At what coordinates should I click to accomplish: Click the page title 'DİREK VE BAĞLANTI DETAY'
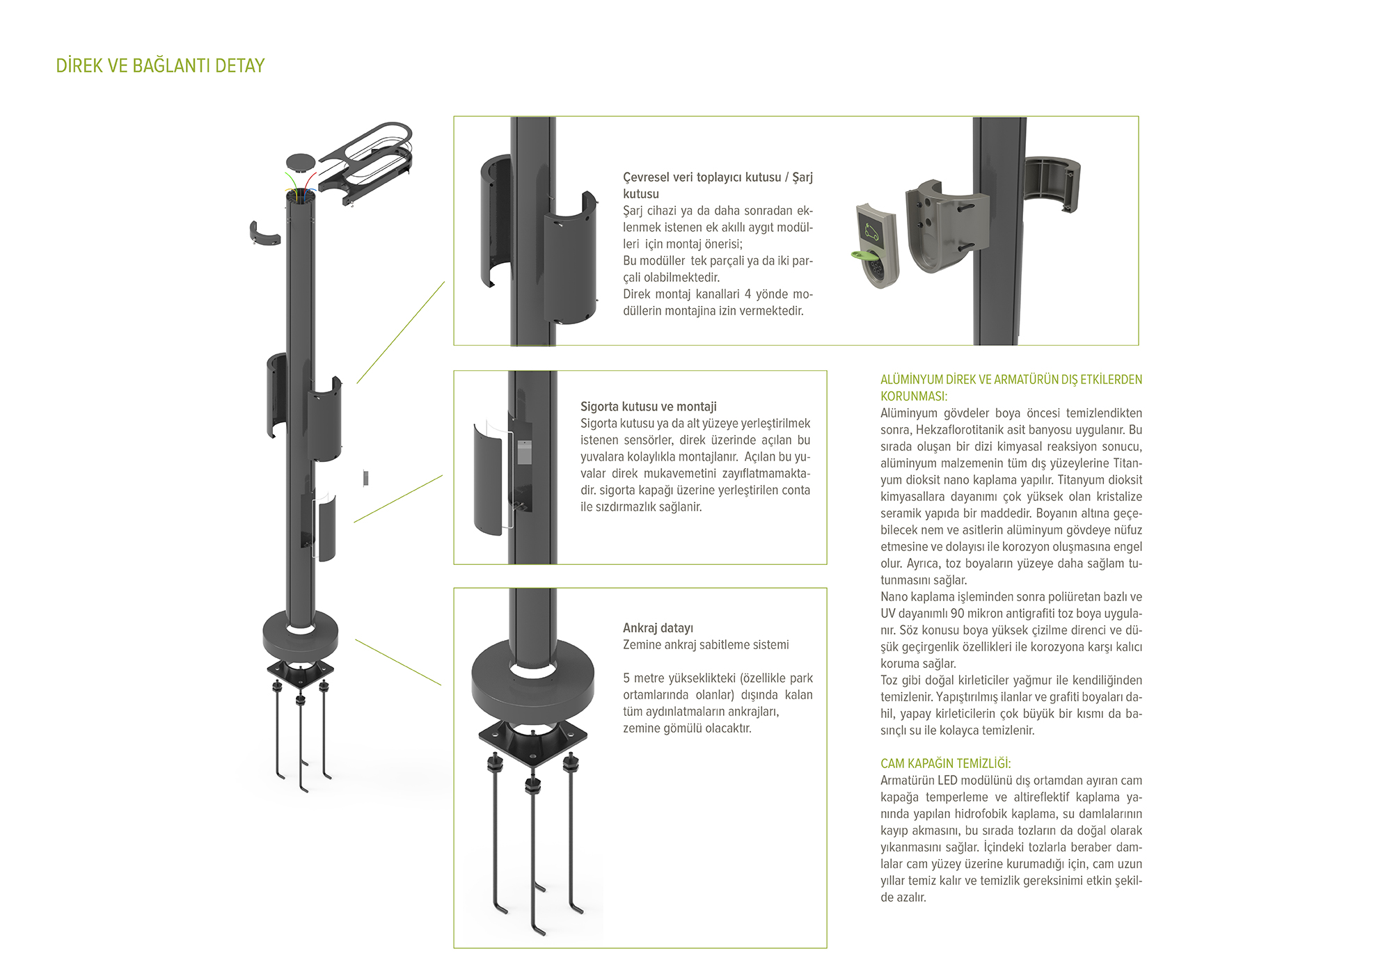coord(160,65)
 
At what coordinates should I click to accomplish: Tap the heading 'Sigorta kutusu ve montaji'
coord(649,406)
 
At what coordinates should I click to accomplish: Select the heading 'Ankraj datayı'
coord(658,628)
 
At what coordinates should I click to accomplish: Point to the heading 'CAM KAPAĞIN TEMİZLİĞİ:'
coord(946,763)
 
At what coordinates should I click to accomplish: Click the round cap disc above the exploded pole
coord(301,162)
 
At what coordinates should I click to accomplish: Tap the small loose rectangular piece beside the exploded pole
coord(365,478)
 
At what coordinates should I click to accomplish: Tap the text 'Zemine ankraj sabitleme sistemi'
coord(706,644)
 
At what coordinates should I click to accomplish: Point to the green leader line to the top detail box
coord(401,332)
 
